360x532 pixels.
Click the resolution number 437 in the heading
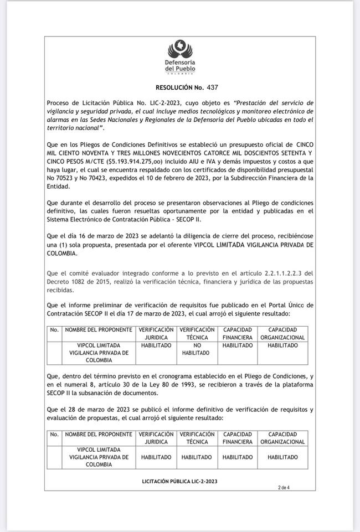pyautogui.click(x=213, y=87)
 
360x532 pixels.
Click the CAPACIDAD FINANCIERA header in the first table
pyautogui.click(x=237, y=333)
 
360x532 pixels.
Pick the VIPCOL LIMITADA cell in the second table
pyautogui.click(x=99, y=457)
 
